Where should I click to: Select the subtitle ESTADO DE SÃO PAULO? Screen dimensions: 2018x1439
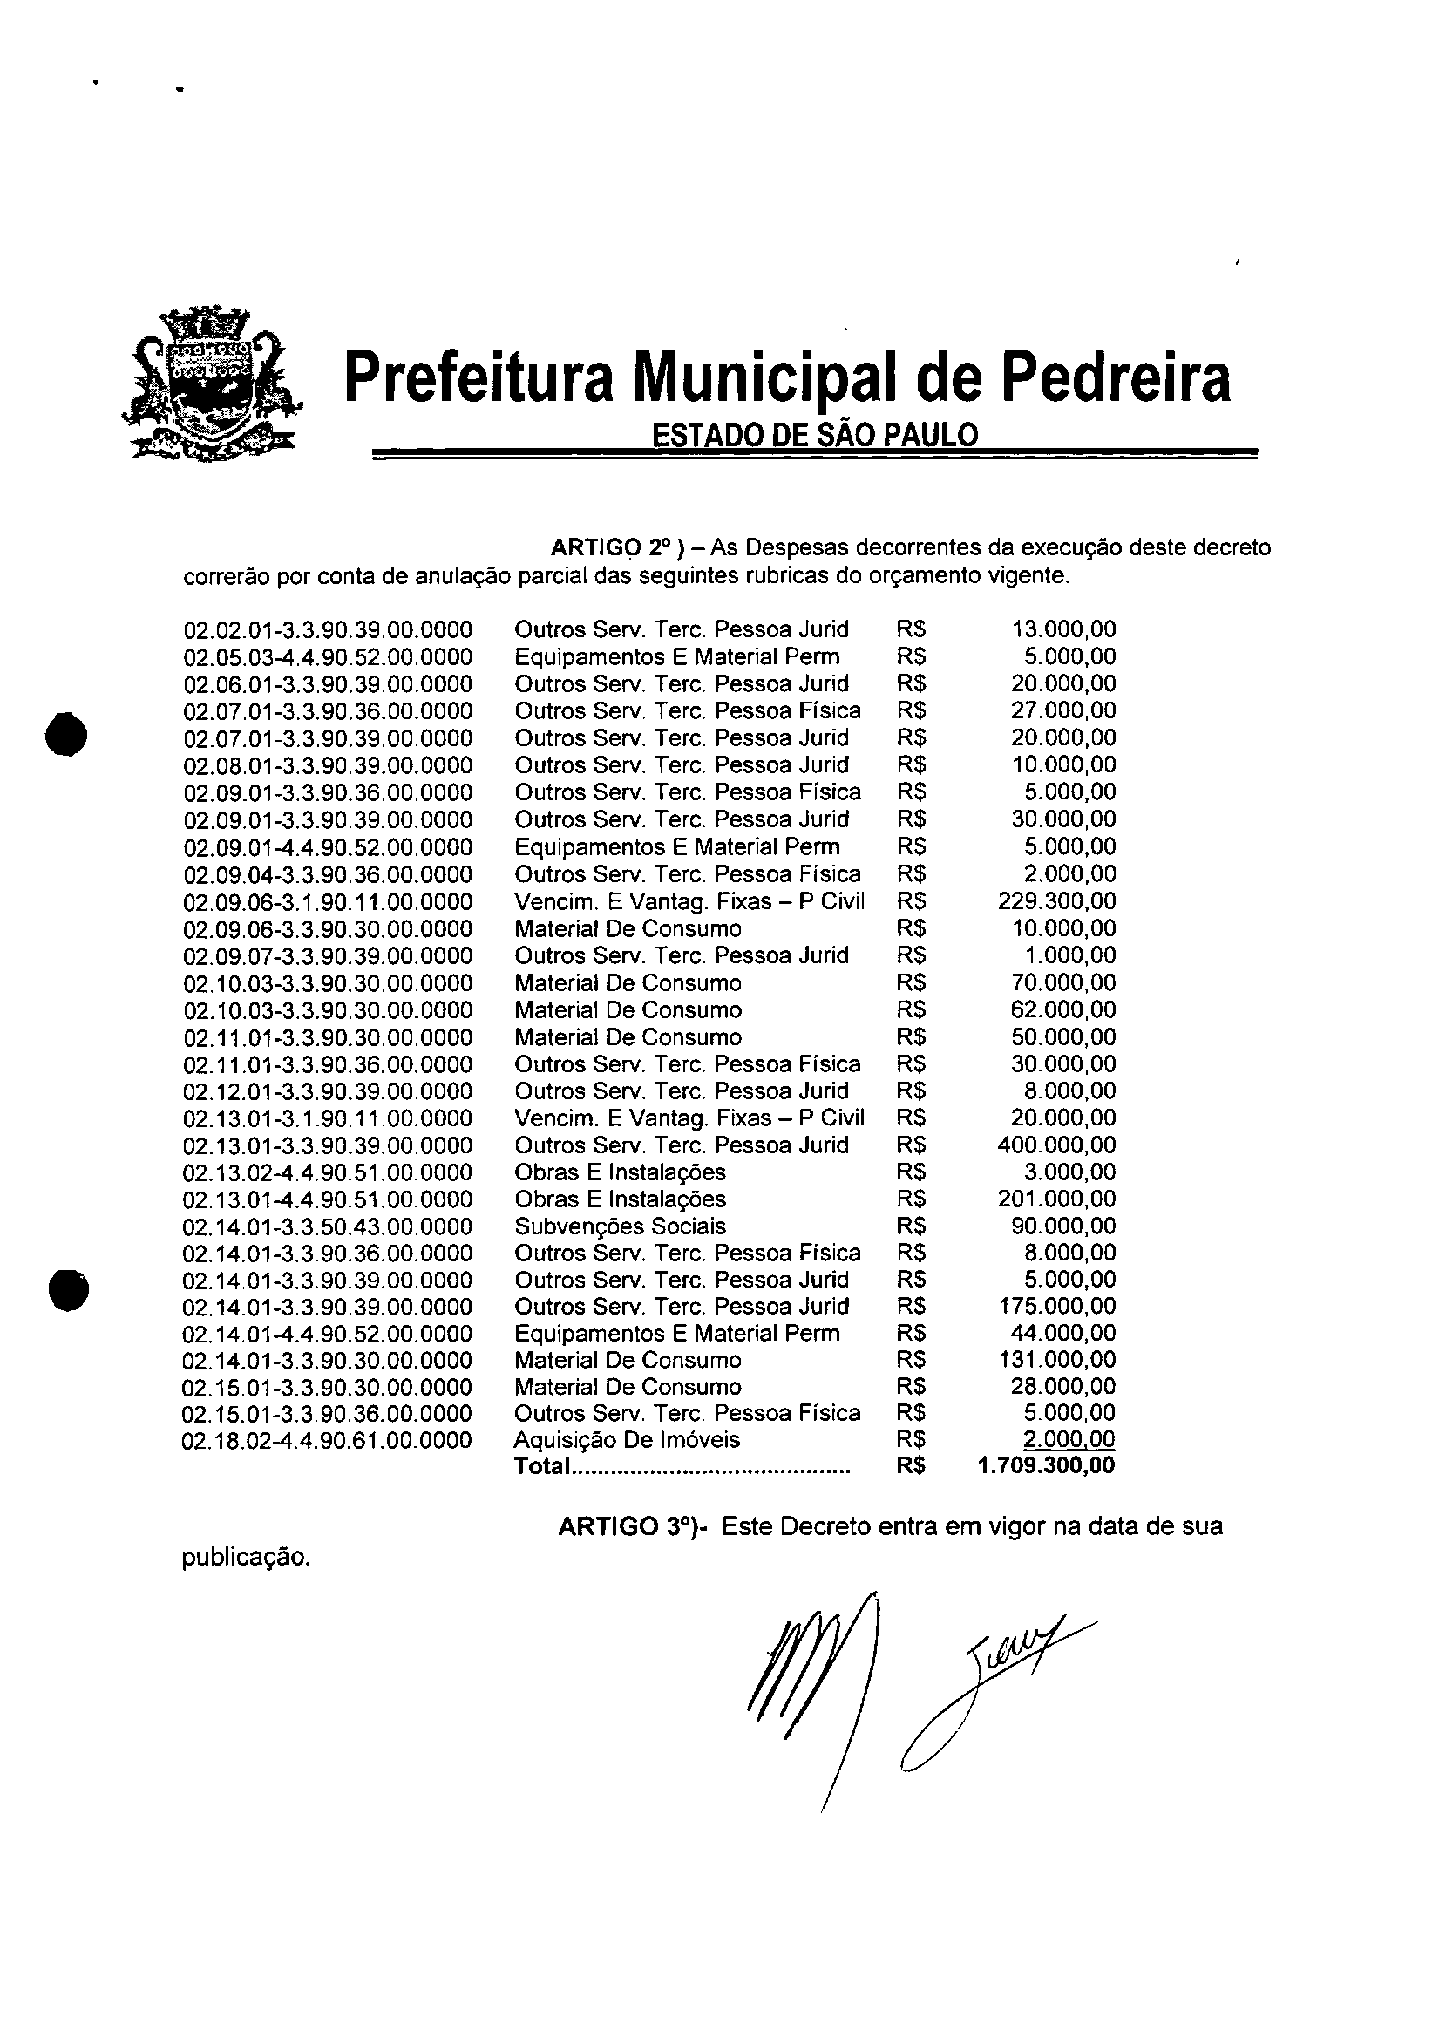[x=815, y=435]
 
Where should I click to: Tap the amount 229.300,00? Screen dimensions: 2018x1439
[x=1056, y=901]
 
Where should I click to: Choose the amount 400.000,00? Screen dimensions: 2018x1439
[x=1056, y=1145]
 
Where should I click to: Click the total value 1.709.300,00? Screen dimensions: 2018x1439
[x=1046, y=1466]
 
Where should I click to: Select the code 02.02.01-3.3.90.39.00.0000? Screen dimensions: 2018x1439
[x=328, y=630]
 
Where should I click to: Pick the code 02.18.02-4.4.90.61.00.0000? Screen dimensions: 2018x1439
[x=327, y=1440]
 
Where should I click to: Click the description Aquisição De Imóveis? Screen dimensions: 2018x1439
[x=627, y=1440]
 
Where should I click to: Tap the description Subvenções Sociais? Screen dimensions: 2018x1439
[x=620, y=1226]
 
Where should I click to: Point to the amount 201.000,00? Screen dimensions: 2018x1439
[x=1056, y=1199]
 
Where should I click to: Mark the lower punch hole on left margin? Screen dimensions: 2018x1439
[x=69, y=1288]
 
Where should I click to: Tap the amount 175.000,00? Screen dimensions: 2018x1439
[x=1056, y=1307]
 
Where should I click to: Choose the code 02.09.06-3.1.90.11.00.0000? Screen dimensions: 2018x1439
[x=328, y=902]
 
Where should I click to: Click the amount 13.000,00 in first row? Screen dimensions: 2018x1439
[x=1063, y=629]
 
